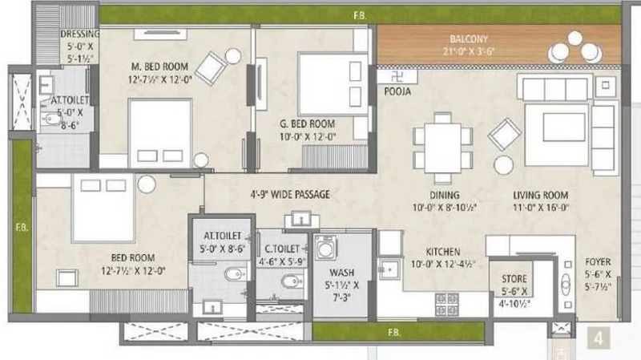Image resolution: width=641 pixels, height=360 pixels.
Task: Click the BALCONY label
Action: click(x=469, y=39)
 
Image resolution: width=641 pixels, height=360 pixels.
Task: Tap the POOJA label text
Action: click(x=397, y=91)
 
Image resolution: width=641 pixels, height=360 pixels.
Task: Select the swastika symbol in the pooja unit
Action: click(x=396, y=76)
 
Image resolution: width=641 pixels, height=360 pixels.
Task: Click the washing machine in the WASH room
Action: click(x=325, y=248)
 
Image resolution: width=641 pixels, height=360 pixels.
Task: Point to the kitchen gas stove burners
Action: click(x=447, y=305)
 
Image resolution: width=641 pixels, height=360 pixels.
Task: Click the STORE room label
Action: click(x=514, y=279)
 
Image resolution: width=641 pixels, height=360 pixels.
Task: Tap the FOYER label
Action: click(x=598, y=262)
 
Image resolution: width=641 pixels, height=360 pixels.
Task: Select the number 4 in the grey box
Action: click(x=599, y=338)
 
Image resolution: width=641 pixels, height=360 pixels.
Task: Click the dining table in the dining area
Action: click(x=443, y=148)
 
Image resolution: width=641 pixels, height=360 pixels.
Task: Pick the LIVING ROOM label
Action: click(x=540, y=196)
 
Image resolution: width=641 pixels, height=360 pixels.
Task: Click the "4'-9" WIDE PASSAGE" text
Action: click(x=290, y=194)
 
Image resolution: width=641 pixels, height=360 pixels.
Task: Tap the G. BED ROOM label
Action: click(x=307, y=123)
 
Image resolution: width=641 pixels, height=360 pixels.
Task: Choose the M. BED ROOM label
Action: click(x=159, y=67)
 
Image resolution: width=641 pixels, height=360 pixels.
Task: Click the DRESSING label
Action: click(x=79, y=34)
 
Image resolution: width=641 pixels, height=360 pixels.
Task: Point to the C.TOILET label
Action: click(x=282, y=249)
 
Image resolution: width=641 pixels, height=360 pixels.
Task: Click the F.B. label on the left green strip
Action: click(x=22, y=228)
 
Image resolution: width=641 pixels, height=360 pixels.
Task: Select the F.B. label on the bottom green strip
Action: click(x=394, y=333)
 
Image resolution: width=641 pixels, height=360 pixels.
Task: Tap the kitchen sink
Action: click(x=389, y=269)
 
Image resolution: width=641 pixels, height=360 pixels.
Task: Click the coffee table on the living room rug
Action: click(x=564, y=127)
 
